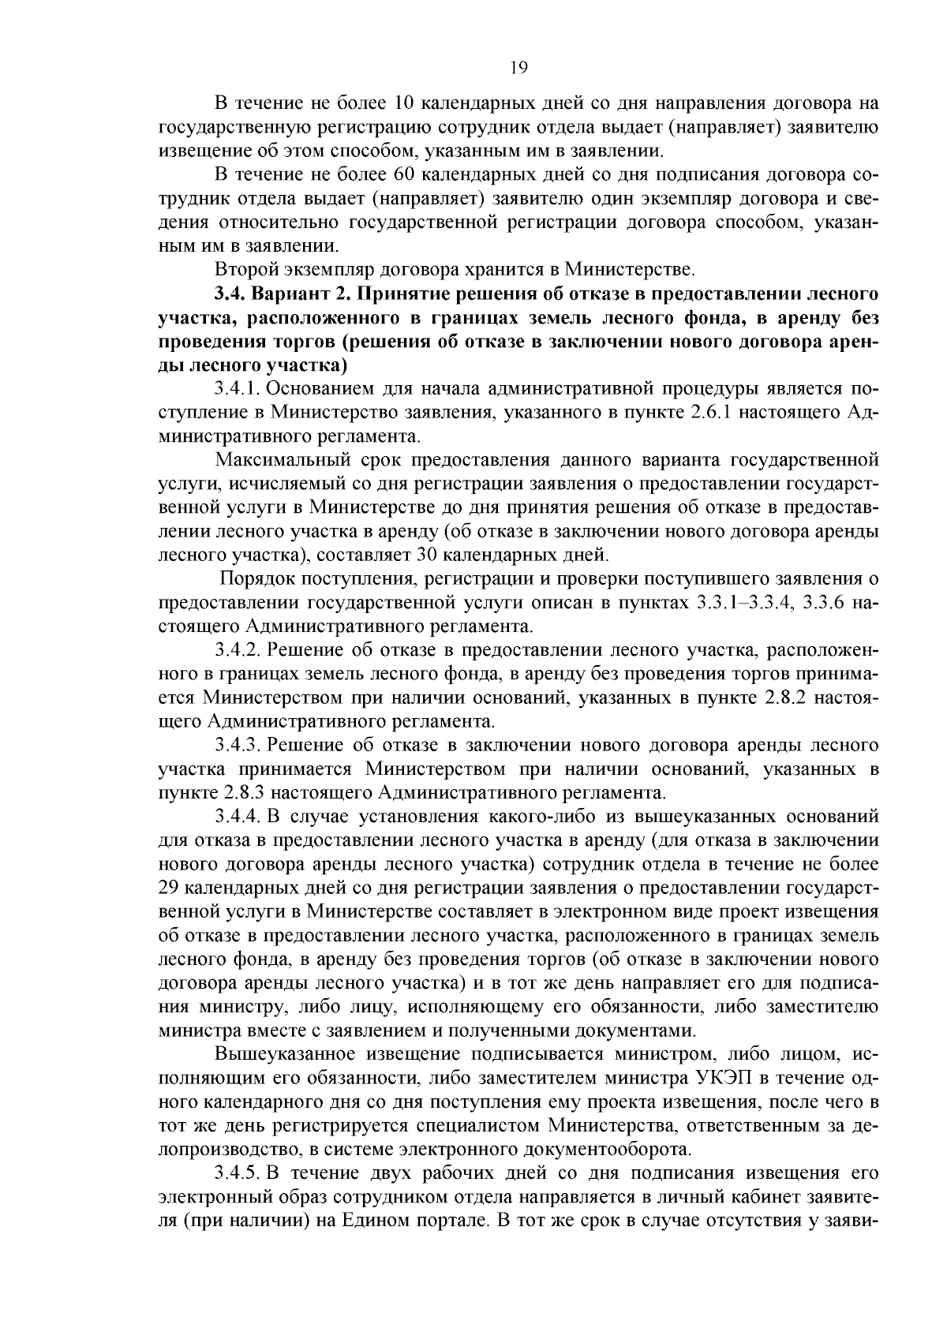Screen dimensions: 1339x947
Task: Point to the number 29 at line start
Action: tap(170, 887)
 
